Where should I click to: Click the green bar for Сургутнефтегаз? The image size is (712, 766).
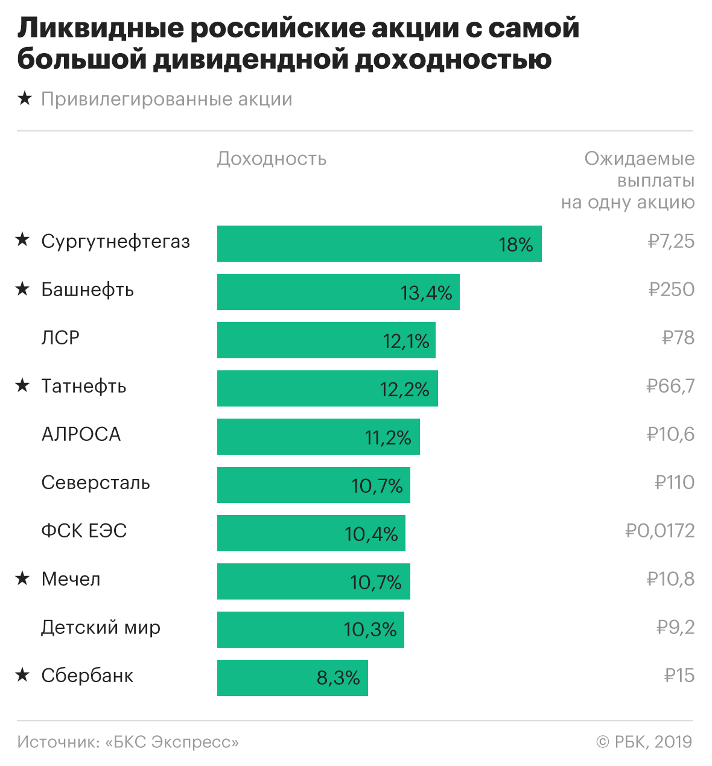pos(379,244)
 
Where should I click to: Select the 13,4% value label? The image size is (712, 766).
pos(426,293)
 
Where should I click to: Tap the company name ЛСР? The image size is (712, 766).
pos(60,338)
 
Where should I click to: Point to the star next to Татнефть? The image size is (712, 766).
pos(23,385)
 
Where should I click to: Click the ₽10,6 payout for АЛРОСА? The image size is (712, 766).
pos(670,434)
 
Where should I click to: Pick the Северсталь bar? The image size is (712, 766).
pos(313,485)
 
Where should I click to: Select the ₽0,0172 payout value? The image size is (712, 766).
pos(660,531)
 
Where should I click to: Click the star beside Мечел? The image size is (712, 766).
pos(23,578)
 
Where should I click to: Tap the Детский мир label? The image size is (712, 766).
pos(101,627)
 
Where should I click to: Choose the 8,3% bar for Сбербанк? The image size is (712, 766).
pos(292,678)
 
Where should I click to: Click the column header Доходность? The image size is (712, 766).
pos(272,159)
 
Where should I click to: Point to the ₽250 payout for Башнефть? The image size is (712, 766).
pos(672,290)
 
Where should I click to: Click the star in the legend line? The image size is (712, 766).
pos(25,98)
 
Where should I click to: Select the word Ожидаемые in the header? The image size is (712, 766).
pos(640,159)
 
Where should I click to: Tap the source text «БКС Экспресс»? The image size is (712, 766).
pos(172,742)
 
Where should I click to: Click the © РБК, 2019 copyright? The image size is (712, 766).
pos(644,742)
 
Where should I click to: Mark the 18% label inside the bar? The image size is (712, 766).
pos(516,245)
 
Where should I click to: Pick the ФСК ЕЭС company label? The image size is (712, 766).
pos(84,531)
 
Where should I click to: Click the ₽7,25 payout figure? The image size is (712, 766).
pos(671,241)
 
